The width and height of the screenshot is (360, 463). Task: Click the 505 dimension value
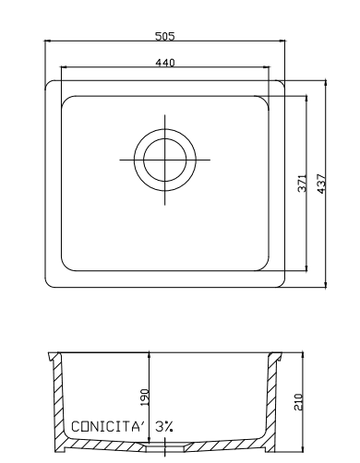(164, 36)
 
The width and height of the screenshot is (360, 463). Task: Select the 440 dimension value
(165, 63)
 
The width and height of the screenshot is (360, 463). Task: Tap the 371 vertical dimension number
(303, 184)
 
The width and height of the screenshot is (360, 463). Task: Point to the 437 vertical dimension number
(321, 184)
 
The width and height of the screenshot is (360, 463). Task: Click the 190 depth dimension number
(145, 398)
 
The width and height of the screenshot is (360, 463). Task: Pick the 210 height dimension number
(298, 401)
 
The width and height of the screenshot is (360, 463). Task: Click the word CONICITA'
(108, 427)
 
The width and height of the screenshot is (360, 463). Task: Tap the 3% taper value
(164, 427)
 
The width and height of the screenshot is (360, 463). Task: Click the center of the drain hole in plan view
(165, 160)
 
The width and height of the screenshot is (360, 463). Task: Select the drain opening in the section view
(165, 448)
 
